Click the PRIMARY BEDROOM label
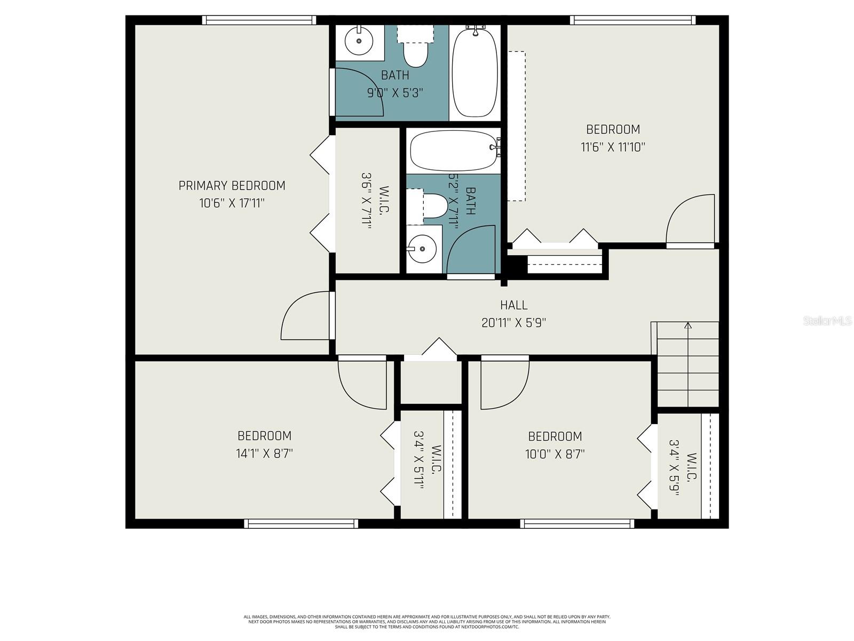[x=232, y=185]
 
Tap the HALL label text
[x=513, y=305]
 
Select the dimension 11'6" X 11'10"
[x=613, y=147]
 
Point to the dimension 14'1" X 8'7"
[x=264, y=454]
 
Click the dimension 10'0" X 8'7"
[x=555, y=454]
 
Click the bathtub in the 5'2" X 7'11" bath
[x=454, y=151]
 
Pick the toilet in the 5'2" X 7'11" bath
[x=433, y=206]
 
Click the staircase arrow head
[x=687, y=325]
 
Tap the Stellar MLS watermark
[x=827, y=321]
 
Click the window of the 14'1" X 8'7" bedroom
[x=301, y=523]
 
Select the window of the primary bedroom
[x=259, y=20]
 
